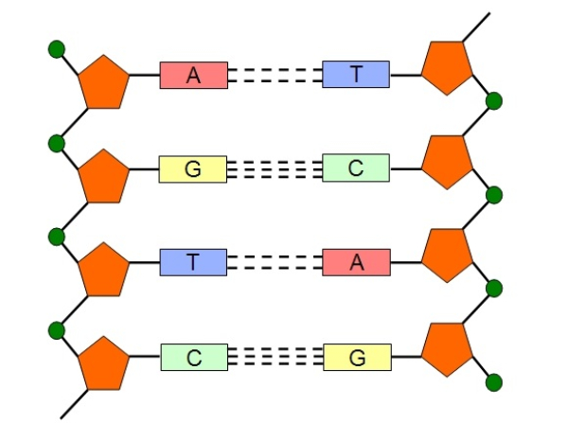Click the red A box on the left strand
(193, 76)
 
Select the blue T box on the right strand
(356, 74)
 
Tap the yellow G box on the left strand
(193, 169)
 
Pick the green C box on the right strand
(356, 168)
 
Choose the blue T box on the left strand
(193, 262)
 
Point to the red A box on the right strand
(356, 262)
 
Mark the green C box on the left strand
(193, 357)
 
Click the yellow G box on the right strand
(356, 357)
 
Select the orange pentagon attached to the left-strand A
(103, 82)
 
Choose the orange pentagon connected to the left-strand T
(103, 269)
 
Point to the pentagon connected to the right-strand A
(447, 255)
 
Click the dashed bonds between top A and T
(275, 75)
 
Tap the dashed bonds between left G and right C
(275, 169)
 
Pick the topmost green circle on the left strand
(57, 47)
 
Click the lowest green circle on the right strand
(493, 382)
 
